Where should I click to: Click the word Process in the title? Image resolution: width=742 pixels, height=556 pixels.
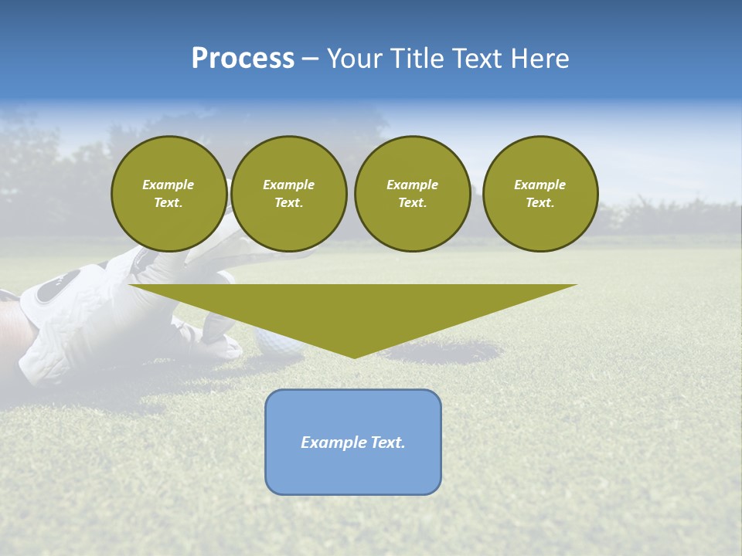[x=243, y=59]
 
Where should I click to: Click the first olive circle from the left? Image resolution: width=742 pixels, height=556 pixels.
[x=168, y=194]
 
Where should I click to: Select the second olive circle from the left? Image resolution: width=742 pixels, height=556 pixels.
[x=288, y=194]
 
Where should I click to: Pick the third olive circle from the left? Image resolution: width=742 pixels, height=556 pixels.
[x=412, y=194]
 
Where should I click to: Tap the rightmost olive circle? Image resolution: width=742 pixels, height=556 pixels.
[x=539, y=194]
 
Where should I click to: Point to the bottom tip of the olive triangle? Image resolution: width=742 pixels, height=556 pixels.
[x=354, y=358]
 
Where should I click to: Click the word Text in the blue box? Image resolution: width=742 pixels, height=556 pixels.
[x=387, y=442]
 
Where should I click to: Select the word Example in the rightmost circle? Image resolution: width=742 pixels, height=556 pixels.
[x=539, y=185]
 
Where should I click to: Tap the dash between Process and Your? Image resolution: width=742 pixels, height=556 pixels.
[x=310, y=59]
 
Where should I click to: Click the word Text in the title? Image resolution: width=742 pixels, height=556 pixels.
[x=474, y=59]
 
